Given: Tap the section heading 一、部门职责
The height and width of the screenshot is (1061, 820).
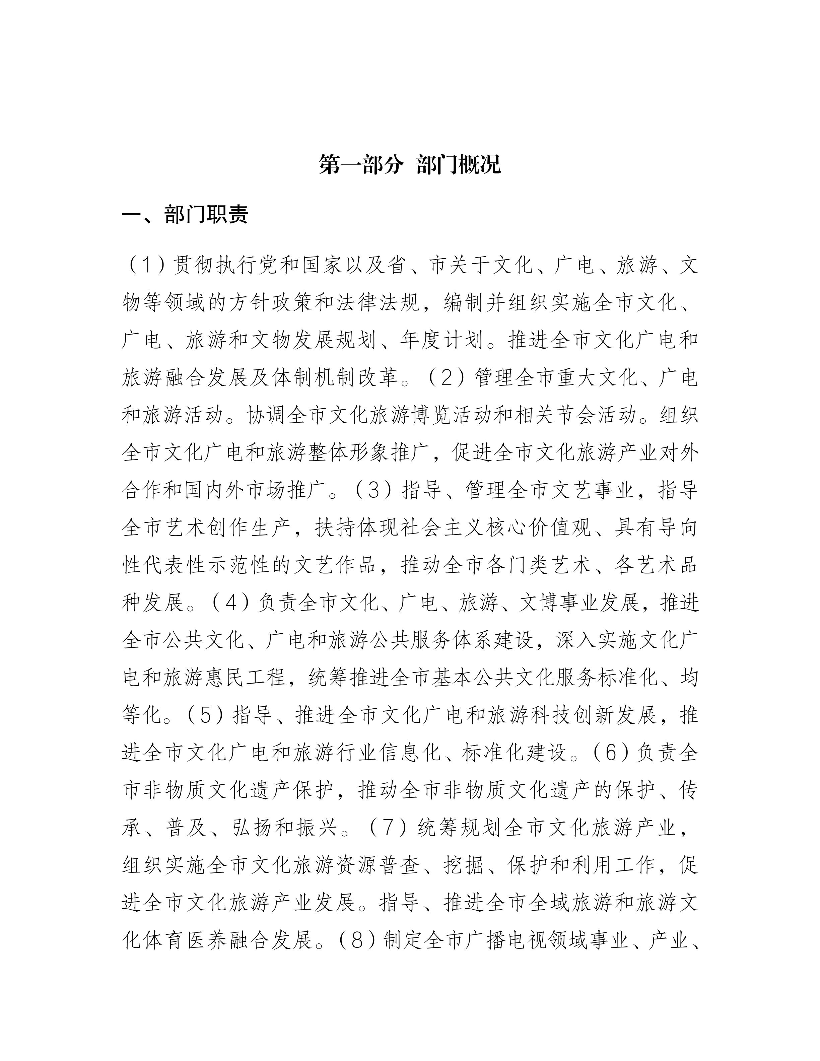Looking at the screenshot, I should (185, 214).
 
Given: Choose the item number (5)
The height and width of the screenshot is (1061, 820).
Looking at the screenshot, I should (204, 715).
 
